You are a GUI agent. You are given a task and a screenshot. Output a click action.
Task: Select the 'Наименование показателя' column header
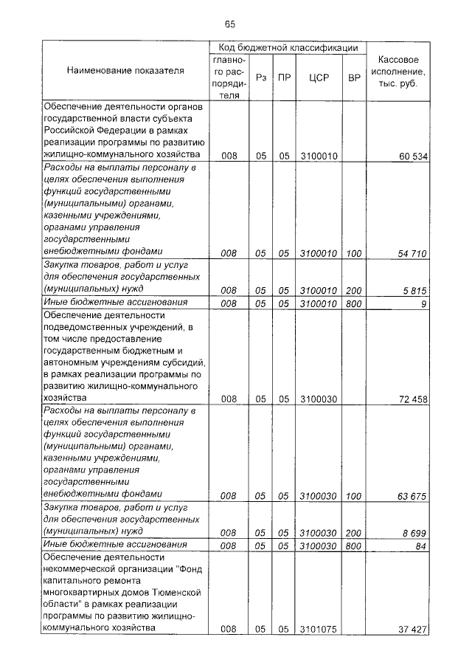tap(125, 71)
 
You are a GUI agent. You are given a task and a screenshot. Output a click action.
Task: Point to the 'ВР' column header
tap(354, 77)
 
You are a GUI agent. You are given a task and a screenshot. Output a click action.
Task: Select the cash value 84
tap(421, 545)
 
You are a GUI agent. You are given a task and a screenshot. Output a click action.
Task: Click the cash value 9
tap(424, 303)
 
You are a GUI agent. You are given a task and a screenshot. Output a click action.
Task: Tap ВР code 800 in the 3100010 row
tap(354, 303)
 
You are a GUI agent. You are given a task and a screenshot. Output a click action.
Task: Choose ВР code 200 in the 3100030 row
tap(354, 532)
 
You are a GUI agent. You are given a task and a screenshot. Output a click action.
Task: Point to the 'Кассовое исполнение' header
tap(399, 71)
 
